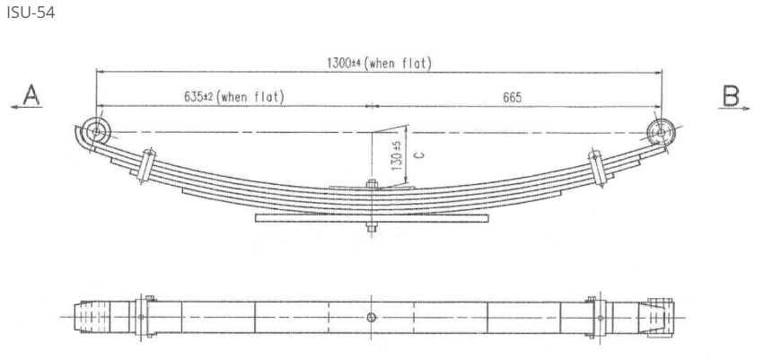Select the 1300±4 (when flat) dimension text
coord(380,63)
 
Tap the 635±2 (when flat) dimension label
coord(233,96)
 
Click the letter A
coord(31,93)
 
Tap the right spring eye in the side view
coord(662,132)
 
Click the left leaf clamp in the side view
coord(145,164)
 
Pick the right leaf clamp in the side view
coord(594,167)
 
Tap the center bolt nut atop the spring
coord(371,186)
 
